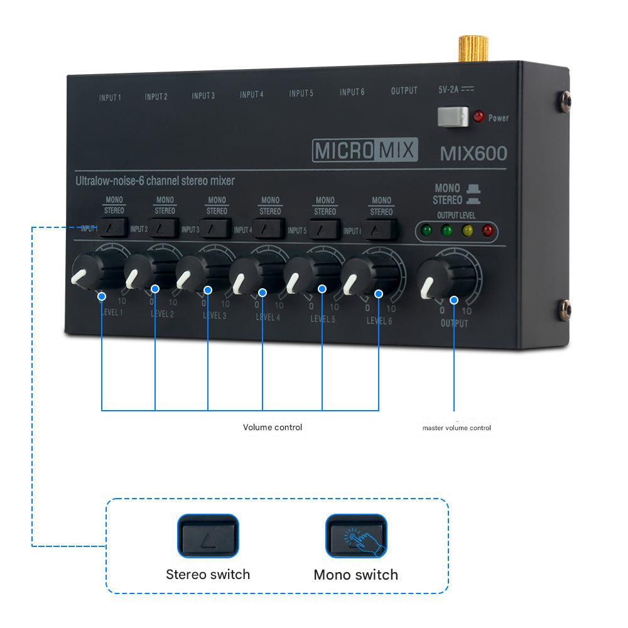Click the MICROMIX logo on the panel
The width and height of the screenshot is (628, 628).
click(364, 151)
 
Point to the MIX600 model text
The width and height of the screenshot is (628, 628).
click(473, 154)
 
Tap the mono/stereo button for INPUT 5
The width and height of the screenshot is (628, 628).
click(324, 229)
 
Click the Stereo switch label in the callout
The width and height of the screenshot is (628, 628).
click(208, 574)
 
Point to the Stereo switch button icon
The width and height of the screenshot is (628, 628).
click(208, 536)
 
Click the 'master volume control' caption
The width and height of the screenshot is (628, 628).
click(457, 428)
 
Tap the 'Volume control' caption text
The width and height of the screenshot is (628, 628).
click(273, 427)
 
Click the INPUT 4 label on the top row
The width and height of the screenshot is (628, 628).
click(251, 95)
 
